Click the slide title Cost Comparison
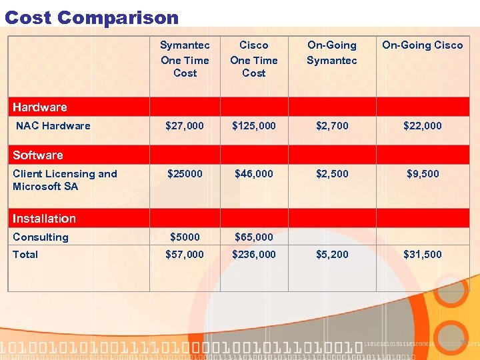(x=92, y=17)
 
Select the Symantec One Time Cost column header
(x=185, y=59)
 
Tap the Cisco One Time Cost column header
(x=254, y=59)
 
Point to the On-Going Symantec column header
(x=332, y=53)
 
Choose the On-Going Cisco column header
(x=422, y=45)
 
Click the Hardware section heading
(x=40, y=107)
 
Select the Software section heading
(x=38, y=155)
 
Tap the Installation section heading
(x=44, y=219)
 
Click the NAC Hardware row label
(x=53, y=125)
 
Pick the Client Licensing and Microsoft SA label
(x=65, y=180)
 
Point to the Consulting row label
(x=41, y=237)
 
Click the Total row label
(x=25, y=255)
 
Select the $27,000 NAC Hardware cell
(x=185, y=125)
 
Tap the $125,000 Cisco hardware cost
(x=254, y=125)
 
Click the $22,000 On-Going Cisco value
(x=422, y=125)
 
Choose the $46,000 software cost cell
(x=254, y=173)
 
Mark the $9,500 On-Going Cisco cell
(x=423, y=173)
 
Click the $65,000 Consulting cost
(x=254, y=237)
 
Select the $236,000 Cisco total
(x=254, y=255)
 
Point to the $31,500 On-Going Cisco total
(x=422, y=255)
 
